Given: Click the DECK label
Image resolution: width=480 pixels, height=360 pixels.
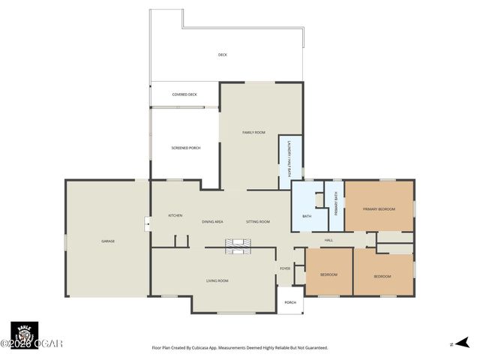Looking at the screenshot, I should pyautogui.click(x=222, y=55).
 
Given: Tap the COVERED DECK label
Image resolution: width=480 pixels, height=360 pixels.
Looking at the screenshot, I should pyautogui.click(x=184, y=94).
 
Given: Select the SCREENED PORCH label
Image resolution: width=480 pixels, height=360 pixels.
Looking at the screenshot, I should pyautogui.click(x=186, y=148).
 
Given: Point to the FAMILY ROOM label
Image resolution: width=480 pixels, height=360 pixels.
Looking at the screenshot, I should pyautogui.click(x=253, y=132).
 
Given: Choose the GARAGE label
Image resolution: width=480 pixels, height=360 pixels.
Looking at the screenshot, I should pyautogui.click(x=108, y=241).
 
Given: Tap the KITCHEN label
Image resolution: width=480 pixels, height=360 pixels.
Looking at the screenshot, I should pyautogui.click(x=175, y=215).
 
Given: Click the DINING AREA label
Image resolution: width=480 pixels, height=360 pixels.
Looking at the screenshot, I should pyautogui.click(x=212, y=222).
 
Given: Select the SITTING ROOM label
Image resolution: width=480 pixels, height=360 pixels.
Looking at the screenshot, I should pyautogui.click(x=258, y=222).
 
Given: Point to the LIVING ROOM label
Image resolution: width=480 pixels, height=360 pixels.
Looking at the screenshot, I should pyautogui.click(x=217, y=280).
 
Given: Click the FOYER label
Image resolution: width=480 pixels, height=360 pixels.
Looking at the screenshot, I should pyautogui.click(x=285, y=268).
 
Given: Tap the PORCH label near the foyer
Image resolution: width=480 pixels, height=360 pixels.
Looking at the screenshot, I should pyautogui.click(x=289, y=303).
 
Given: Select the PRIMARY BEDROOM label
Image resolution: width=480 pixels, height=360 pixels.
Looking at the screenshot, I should pyautogui.click(x=379, y=208).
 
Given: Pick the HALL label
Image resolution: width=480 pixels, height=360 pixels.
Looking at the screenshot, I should pyautogui.click(x=328, y=240).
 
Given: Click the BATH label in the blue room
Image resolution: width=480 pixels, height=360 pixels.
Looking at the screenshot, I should pyautogui.click(x=307, y=217).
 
